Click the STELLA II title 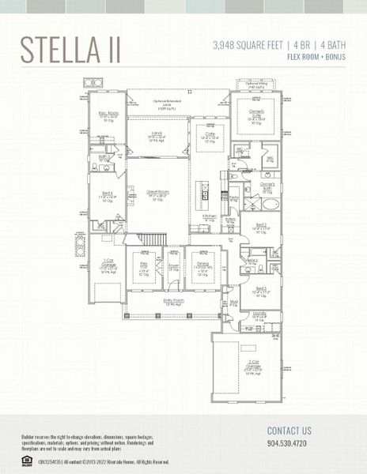coord(70,49)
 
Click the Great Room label coord(158,194)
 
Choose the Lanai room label coord(157,137)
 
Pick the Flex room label coord(144,265)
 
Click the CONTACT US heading coord(289,431)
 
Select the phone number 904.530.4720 coord(289,444)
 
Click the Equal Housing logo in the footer coord(27,458)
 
